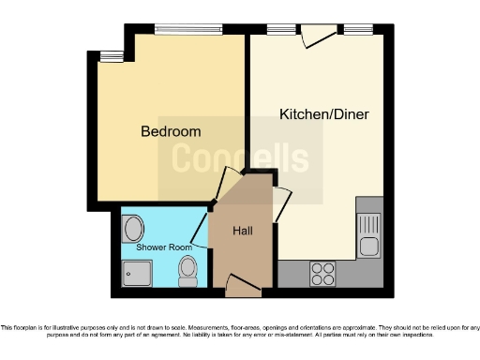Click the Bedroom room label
click(x=171, y=131)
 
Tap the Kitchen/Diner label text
click(x=324, y=114)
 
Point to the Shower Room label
click(x=164, y=247)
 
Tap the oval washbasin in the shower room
click(x=133, y=228)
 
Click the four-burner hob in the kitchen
click(x=323, y=273)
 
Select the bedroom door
click(x=226, y=184)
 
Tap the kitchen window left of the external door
click(x=281, y=29)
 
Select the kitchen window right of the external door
click(x=359, y=29)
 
